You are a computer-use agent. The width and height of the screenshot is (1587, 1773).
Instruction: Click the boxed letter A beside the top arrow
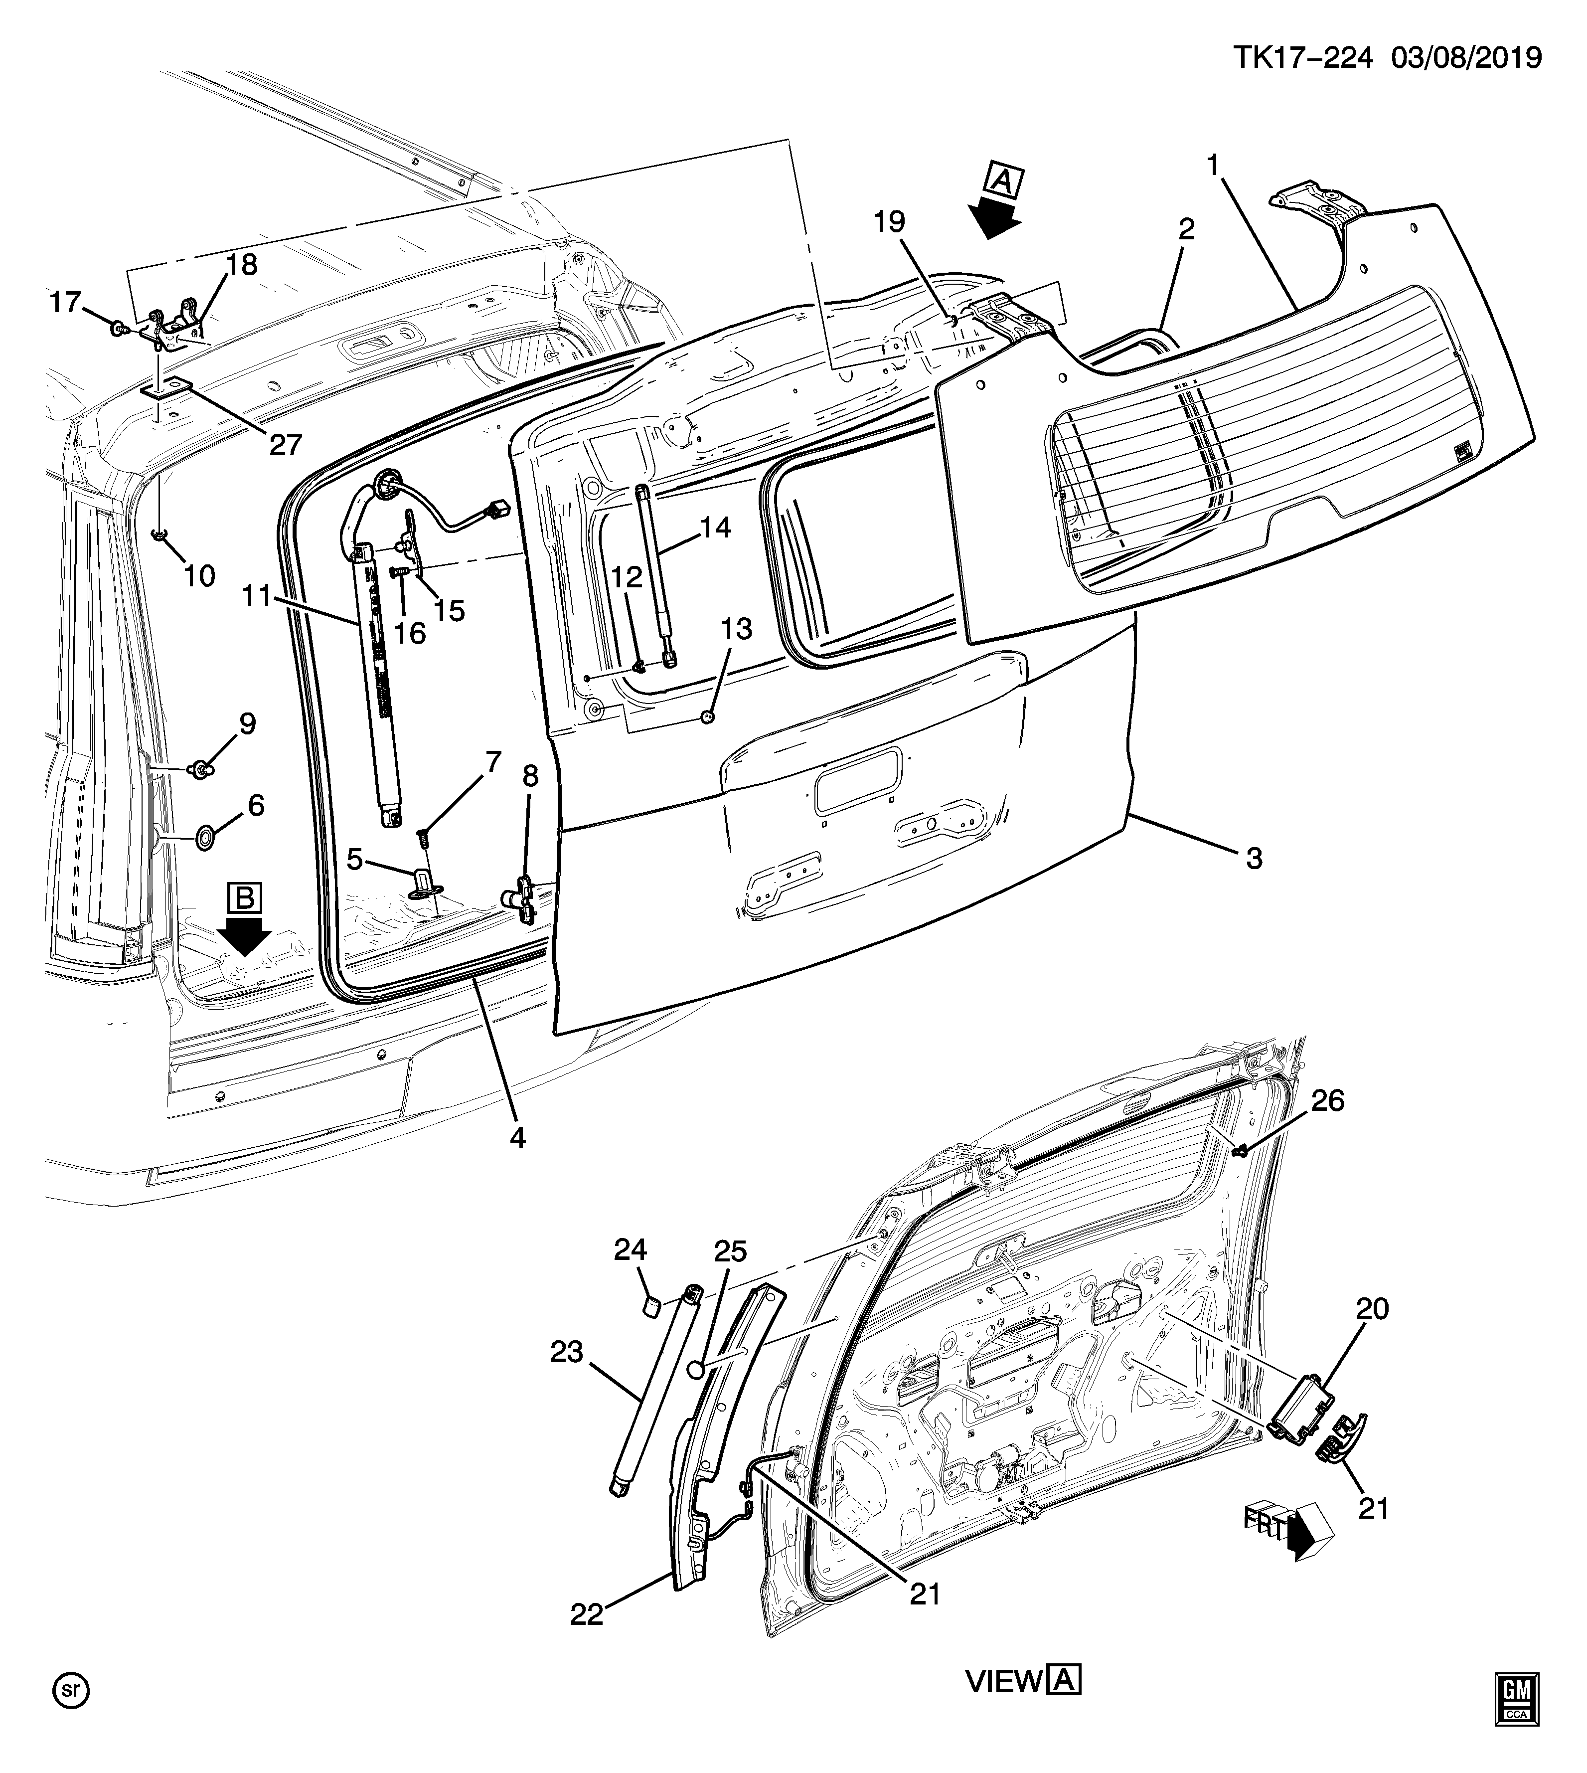1003,181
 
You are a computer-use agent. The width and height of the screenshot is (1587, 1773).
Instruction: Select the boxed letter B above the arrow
244,897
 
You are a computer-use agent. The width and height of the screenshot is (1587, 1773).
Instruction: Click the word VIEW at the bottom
1003,1681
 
